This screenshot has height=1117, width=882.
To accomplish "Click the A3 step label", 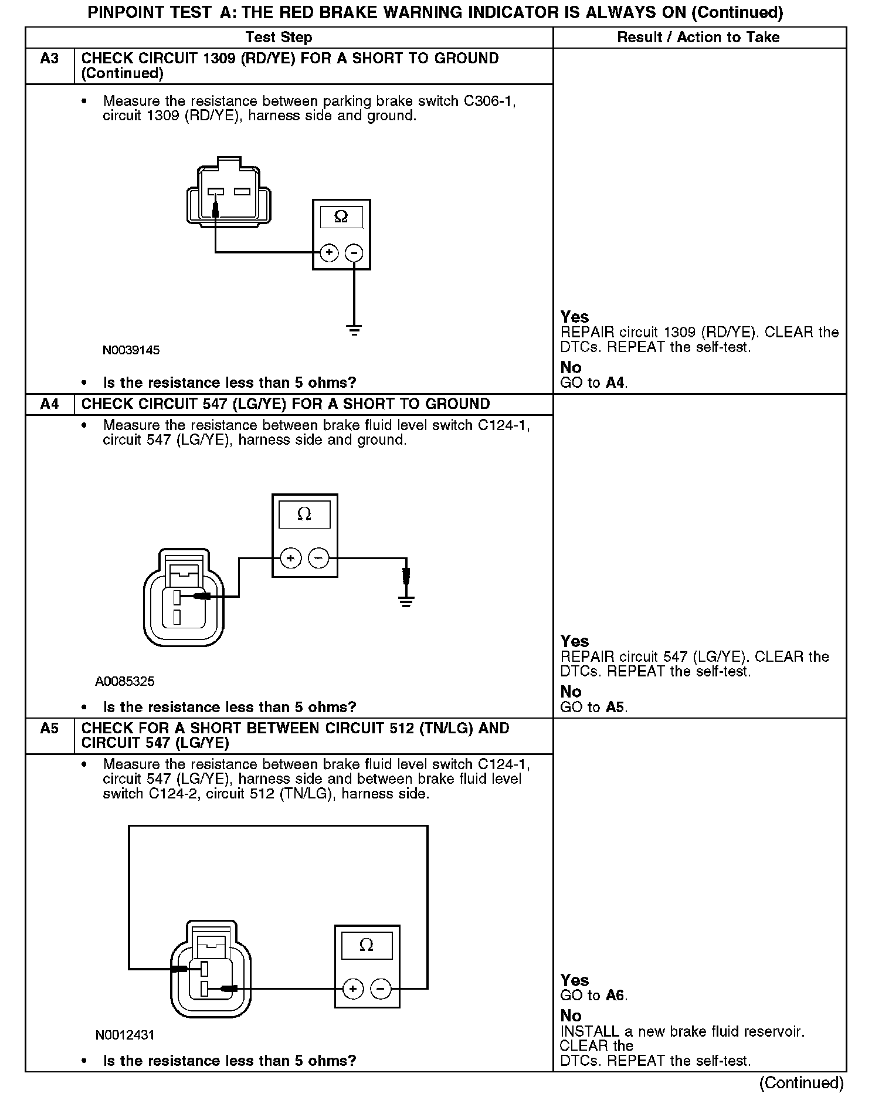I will pyautogui.click(x=49, y=59).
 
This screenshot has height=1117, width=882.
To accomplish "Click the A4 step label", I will pyautogui.click(x=49, y=404).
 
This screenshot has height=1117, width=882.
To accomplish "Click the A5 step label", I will pyautogui.click(x=49, y=729).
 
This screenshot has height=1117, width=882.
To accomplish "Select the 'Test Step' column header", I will pyautogui.click(x=279, y=38).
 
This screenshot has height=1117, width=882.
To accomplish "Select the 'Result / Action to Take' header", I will pyautogui.click(x=698, y=38).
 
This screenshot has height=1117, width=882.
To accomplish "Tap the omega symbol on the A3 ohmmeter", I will pyautogui.click(x=341, y=217).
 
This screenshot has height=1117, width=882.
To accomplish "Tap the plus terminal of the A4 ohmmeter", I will pyautogui.click(x=291, y=557).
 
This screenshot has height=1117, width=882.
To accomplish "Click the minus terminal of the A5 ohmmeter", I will pyautogui.click(x=381, y=989).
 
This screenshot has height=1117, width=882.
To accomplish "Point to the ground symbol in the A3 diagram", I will pyautogui.click(x=354, y=330).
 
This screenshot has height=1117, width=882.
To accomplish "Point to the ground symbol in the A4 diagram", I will pyautogui.click(x=405, y=601).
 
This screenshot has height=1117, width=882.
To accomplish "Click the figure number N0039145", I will pyautogui.click(x=131, y=351).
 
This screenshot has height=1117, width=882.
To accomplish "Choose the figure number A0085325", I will pyautogui.click(x=125, y=682).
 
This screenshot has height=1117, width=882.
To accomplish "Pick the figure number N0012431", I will pyautogui.click(x=125, y=1035).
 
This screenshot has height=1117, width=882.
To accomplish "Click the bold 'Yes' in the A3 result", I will pyautogui.click(x=574, y=317).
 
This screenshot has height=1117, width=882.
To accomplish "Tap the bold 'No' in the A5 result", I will pyautogui.click(x=571, y=1016).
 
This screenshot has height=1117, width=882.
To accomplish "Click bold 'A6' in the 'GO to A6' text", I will pyautogui.click(x=615, y=996).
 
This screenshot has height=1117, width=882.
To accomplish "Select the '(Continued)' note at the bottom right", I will pyautogui.click(x=801, y=1083).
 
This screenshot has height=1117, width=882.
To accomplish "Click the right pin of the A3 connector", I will pyautogui.click(x=242, y=192).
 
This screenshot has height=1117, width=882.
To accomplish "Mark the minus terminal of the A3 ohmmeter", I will pyautogui.click(x=354, y=253).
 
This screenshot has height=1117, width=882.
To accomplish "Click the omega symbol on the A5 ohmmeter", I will pyautogui.click(x=367, y=945).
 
